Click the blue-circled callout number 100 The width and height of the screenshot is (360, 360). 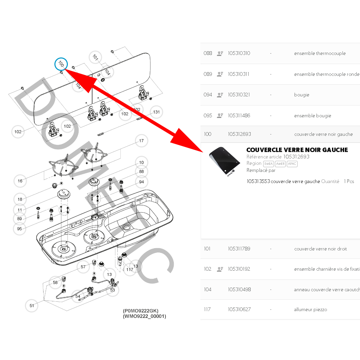pyautogui.click(x=61, y=64)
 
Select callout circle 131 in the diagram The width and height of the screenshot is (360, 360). pyautogui.click(x=157, y=112)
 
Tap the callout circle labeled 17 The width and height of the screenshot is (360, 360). pyautogui.click(x=141, y=141)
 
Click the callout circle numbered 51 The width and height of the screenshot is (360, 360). pyautogui.click(x=32, y=306)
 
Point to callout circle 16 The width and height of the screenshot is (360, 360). pyautogui.click(x=20, y=181)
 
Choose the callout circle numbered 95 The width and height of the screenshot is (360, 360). pyautogui.click(x=20, y=229)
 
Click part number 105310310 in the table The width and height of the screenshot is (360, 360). pyautogui.click(x=239, y=53)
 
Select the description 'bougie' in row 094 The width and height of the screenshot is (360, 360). pyautogui.click(x=302, y=95)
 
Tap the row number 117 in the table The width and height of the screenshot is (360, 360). pyautogui.click(x=207, y=309)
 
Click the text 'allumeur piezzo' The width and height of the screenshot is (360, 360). pyautogui.click(x=310, y=309)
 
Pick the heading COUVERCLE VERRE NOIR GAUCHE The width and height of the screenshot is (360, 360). pyautogui.click(x=297, y=150)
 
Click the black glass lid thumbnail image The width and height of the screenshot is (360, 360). pyautogui.click(x=224, y=161)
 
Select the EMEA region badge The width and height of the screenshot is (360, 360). pyautogui.click(x=269, y=164)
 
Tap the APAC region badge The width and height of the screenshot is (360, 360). pyautogui.click(x=292, y=164)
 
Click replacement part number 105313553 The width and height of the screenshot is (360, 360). pyautogui.click(x=258, y=181)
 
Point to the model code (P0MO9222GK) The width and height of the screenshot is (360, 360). pyautogui.click(x=141, y=311)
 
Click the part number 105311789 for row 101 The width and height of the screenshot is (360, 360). pyautogui.click(x=239, y=249)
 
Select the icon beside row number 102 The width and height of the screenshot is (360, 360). pyautogui.click(x=220, y=269)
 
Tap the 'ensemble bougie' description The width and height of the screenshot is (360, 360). pyautogui.click(x=312, y=116)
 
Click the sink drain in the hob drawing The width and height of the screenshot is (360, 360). pyautogui.click(x=127, y=227)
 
